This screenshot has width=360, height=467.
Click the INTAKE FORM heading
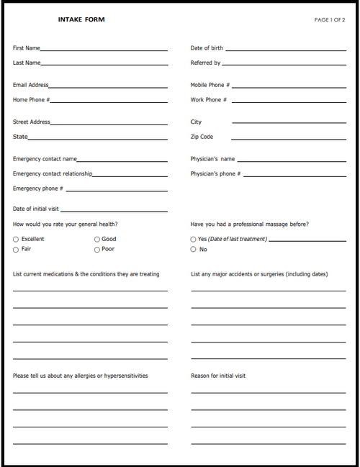[81, 19]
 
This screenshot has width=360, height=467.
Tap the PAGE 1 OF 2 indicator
[330, 19]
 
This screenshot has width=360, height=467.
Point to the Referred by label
[205, 63]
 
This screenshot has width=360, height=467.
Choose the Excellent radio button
[16, 239]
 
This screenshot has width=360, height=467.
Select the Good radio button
[97, 239]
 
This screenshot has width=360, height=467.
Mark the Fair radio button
[16, 249]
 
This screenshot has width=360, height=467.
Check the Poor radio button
[97, 249]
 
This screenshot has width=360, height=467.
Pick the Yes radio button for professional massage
[193, 239]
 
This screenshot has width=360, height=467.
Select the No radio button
[193, 249]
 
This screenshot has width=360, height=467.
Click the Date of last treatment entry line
[302, 240]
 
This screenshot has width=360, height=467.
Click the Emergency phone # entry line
[116, 190]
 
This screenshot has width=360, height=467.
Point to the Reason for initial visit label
[218, 376]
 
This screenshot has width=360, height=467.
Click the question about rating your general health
[66, 224]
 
